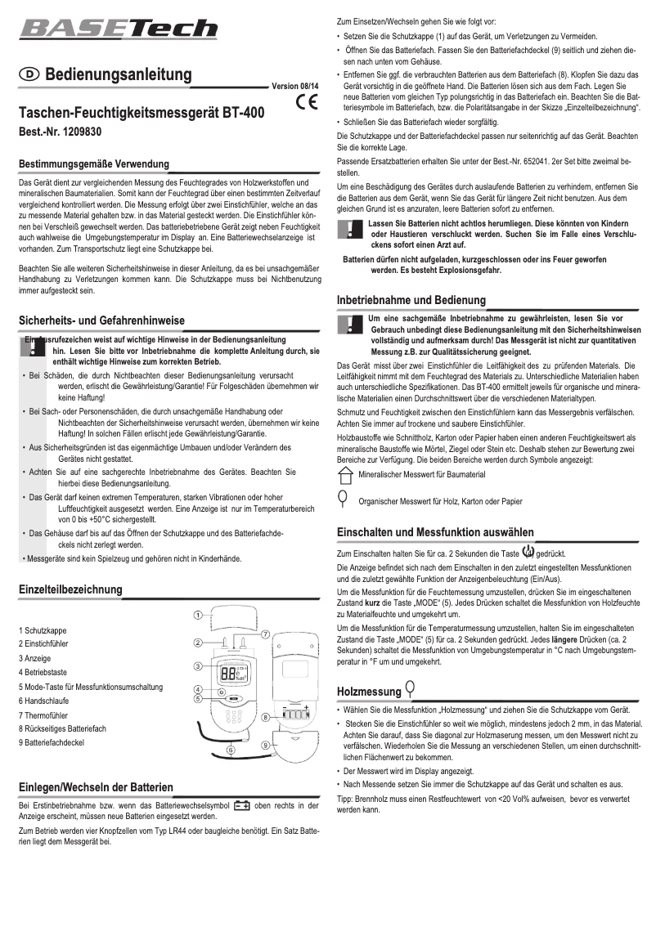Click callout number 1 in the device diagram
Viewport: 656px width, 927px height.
point(197,614)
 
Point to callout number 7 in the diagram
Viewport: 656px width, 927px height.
point(266,634)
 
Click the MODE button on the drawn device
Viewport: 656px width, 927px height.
point(233,700)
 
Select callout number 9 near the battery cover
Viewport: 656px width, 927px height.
point(267,746)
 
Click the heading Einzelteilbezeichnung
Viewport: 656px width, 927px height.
point(70,589)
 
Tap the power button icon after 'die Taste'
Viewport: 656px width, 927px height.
point(528,551)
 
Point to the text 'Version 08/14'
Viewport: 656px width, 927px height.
point(295,86)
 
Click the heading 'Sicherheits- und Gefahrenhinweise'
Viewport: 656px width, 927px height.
point(102,320)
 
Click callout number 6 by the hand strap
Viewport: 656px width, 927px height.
point(231,750)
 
